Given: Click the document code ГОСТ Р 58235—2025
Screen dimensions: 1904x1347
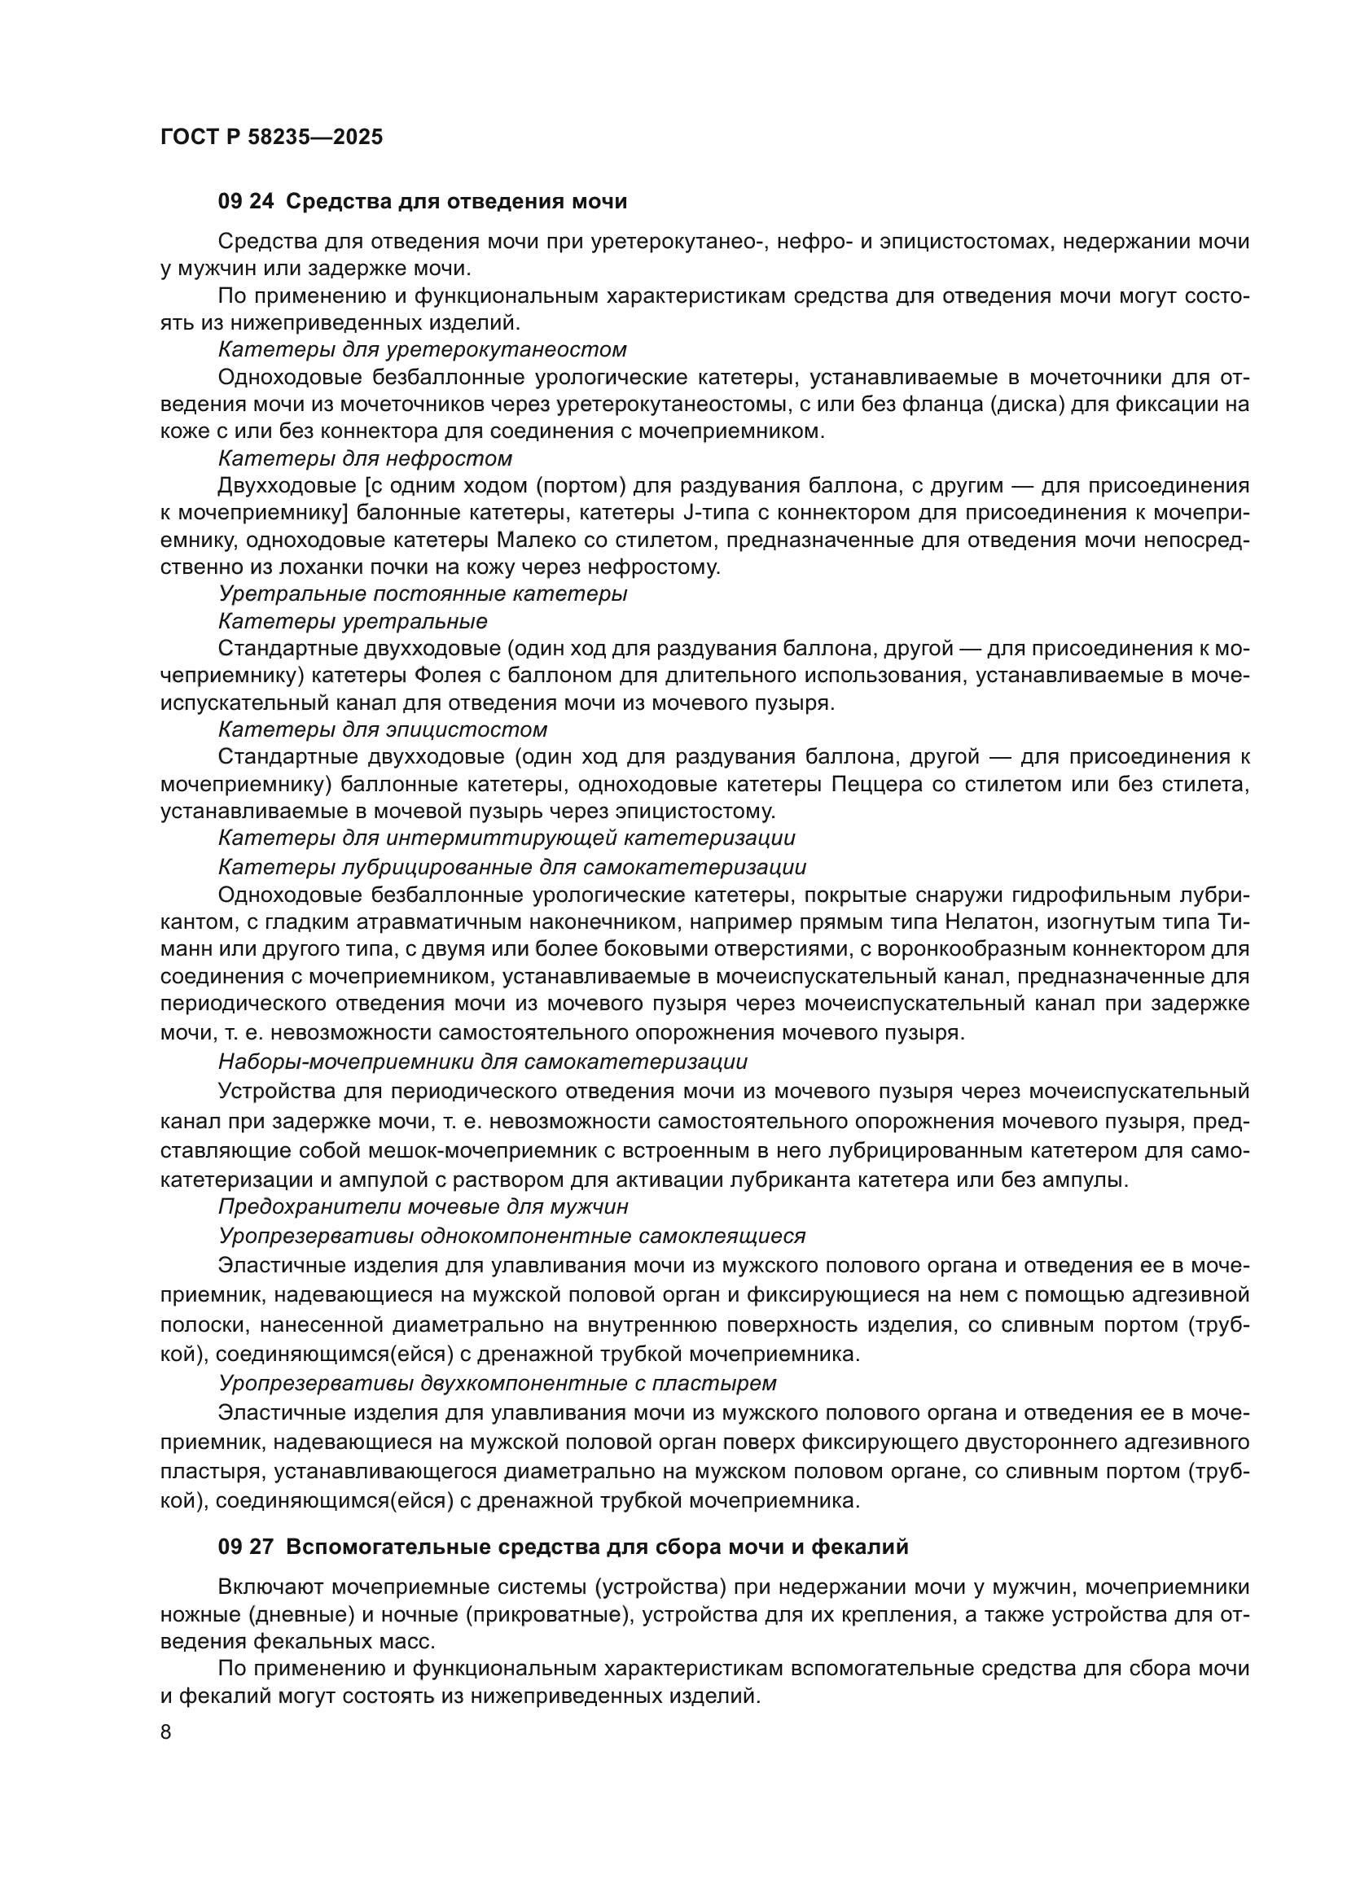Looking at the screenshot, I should click(x=271, y=137).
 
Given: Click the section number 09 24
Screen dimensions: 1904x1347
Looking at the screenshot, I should click(x=245, y=202).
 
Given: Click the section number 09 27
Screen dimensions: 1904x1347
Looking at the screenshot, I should click(x=245, y=1547).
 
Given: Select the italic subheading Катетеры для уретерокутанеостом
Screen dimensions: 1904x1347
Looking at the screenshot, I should click(x=421, y=349).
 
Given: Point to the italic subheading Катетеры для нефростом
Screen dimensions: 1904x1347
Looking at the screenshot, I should click(x=365, y=458).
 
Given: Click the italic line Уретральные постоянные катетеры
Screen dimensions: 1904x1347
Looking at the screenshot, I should click(x=422, y=593).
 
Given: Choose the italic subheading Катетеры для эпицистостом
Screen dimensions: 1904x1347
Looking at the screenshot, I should click(x=383, y=729).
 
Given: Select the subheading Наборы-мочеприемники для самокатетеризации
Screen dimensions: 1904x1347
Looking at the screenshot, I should click(x=483, y=1061).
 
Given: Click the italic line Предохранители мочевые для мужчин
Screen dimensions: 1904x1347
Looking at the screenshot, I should click(x=423, y=1206).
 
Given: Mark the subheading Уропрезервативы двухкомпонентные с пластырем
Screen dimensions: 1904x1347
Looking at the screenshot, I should click(x=497, y=1383).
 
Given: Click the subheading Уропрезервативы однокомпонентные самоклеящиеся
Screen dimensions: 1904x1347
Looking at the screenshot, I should click(x=511, y=1236).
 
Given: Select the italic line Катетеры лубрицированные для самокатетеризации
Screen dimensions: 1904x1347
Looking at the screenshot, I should click(x=511, y=868).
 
